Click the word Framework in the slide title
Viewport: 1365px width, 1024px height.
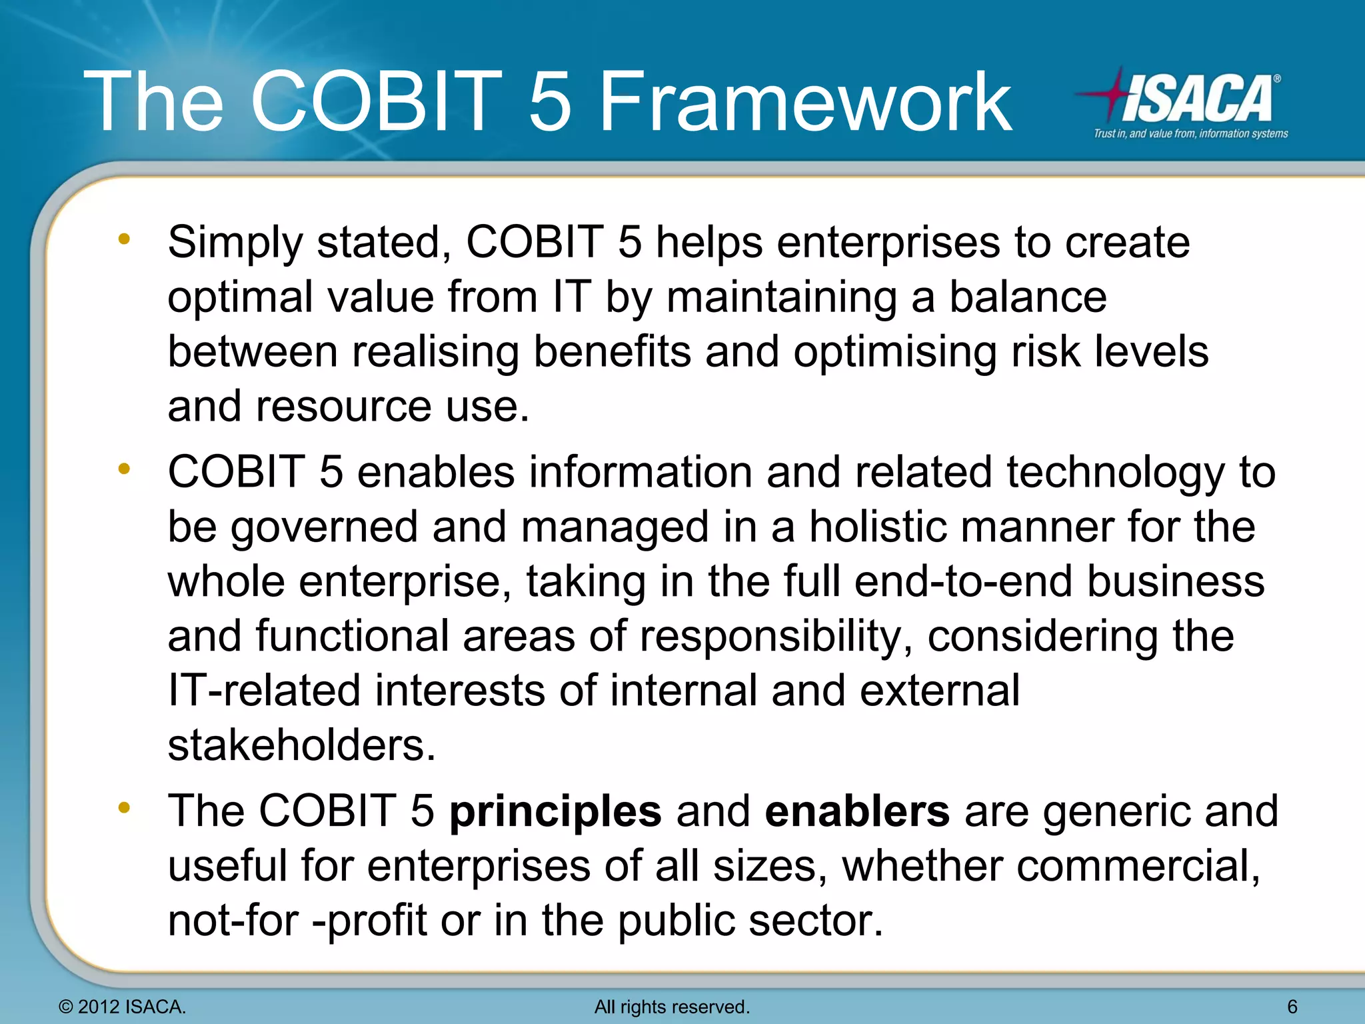[805, 102]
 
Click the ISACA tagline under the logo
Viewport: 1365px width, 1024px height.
[1190, 134]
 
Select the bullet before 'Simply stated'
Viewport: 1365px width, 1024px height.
[124, 239]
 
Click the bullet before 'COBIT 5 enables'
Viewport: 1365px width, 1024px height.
[124, 469]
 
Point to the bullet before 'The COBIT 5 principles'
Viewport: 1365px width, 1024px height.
[124, 808]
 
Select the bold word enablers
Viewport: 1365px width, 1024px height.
[857, 811]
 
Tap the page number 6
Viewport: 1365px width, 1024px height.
[1292, 1007]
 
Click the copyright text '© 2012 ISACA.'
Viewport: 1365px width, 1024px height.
[123, 1007]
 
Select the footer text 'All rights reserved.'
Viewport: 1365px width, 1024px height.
[672, 1007]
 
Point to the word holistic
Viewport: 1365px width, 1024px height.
[877, 527]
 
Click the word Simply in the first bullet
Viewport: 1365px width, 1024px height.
[235, 243]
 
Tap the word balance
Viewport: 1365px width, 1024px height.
[1027, 297]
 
